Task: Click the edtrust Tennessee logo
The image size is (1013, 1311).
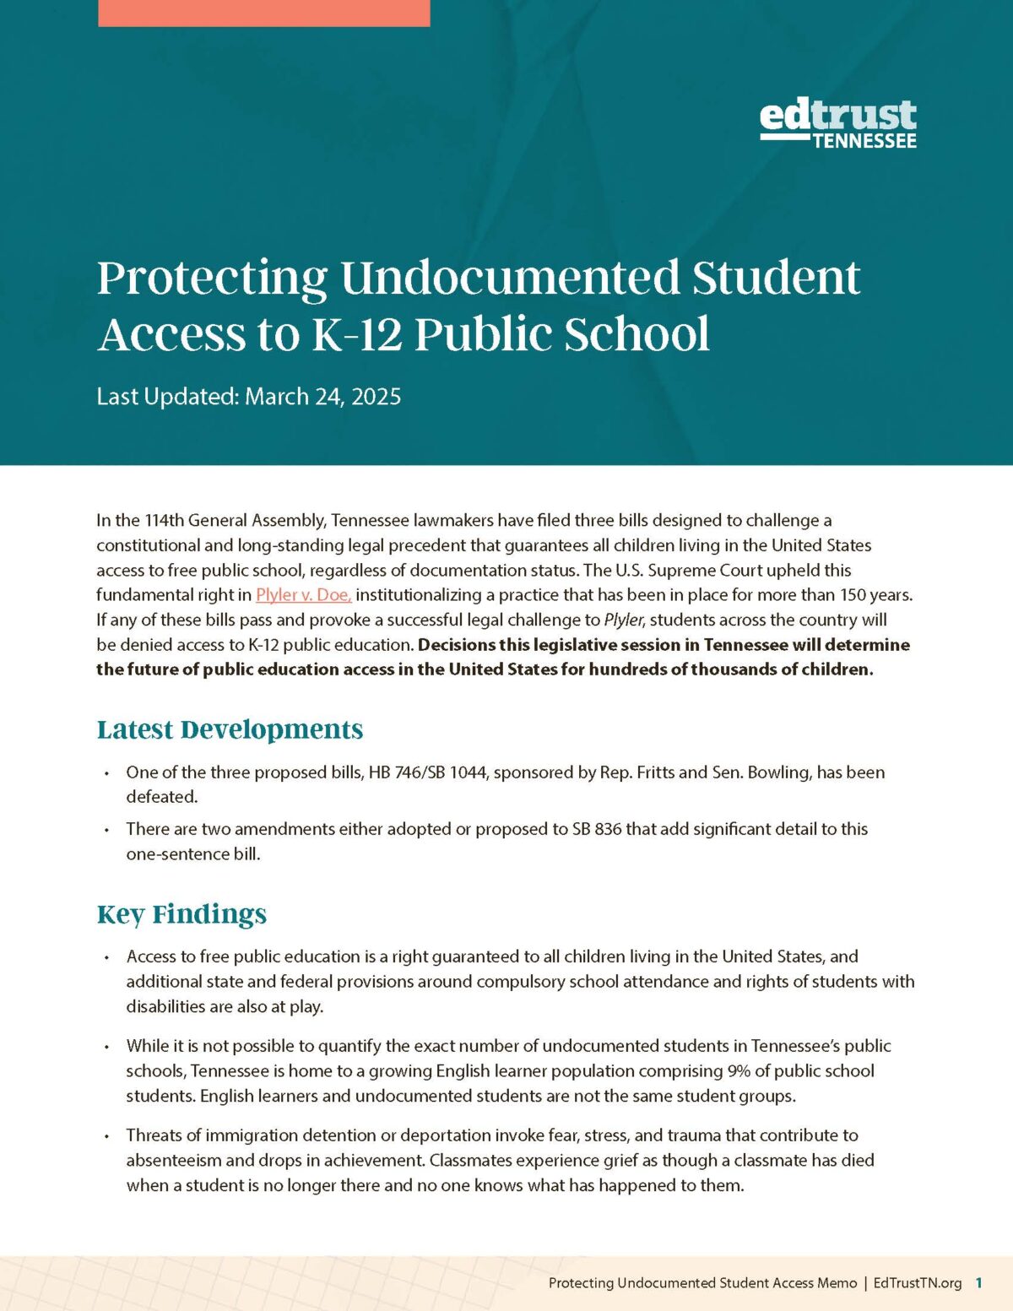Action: coord(837,124)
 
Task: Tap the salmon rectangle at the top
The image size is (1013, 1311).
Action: coord(263,13)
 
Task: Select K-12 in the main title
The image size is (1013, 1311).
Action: coord(357,334)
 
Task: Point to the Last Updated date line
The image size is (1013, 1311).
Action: coord(248,396)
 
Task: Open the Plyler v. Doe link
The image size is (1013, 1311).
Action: coord(303,595)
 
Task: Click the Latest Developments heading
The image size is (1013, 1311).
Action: coord(230,729)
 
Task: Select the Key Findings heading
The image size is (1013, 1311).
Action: coord(181,914)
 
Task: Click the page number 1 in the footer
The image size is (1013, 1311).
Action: coord(978,1283)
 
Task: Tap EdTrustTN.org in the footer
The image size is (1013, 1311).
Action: coord(917,1283)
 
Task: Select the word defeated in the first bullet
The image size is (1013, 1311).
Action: coord(161,797)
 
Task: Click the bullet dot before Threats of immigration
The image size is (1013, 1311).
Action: coord(106,1136)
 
